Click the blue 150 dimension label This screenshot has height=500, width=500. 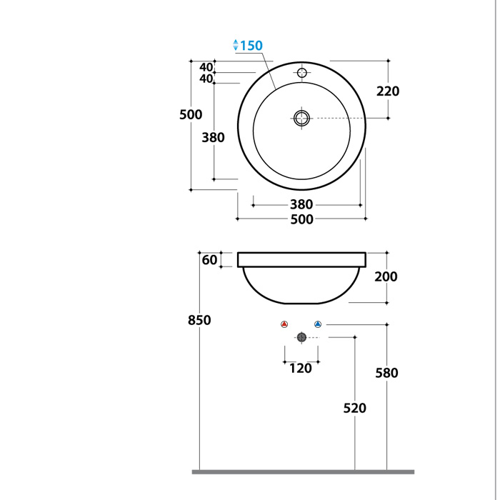251,46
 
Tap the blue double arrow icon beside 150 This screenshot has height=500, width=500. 236,45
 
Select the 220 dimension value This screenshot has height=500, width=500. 388,91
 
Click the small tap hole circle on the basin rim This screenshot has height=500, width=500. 301,73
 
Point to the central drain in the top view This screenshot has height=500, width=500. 301,119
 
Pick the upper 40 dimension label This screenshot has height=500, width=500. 206,67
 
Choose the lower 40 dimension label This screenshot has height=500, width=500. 206,79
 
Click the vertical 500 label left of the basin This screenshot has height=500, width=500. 191,115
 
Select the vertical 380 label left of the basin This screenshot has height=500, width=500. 213,138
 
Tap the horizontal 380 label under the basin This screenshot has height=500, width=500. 301,205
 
